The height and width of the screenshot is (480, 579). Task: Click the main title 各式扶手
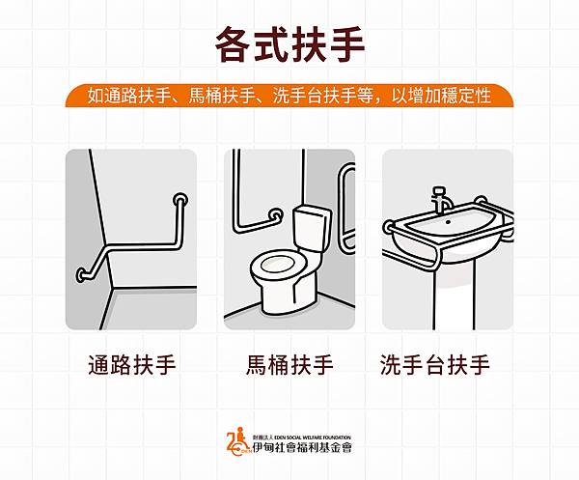tap(289, 44)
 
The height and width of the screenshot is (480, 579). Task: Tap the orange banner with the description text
tap(289, 96)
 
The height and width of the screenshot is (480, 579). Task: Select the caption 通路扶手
tap(132, 365)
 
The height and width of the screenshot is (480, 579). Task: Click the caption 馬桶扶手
tap(289, 365)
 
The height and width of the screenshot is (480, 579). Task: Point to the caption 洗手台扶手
tap(435, 365)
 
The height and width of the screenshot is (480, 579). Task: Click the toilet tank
tap(310, 229)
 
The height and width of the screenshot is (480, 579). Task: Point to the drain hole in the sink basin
tap(449, 222)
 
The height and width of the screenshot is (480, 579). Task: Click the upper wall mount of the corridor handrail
tap(179, 200)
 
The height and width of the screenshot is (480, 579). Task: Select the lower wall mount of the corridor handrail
tap(82, 275)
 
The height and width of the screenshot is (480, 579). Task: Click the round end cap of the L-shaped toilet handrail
tap(275, 214)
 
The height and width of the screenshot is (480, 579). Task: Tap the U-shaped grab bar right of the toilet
tap(346, 207)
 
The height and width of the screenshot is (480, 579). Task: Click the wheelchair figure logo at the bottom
tap(238, 441)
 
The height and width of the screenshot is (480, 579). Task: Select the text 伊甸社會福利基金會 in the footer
tap(302, 447)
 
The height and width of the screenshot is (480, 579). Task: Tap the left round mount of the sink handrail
tap(389, 226)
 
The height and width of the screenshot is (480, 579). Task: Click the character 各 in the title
tap(234, 44)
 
